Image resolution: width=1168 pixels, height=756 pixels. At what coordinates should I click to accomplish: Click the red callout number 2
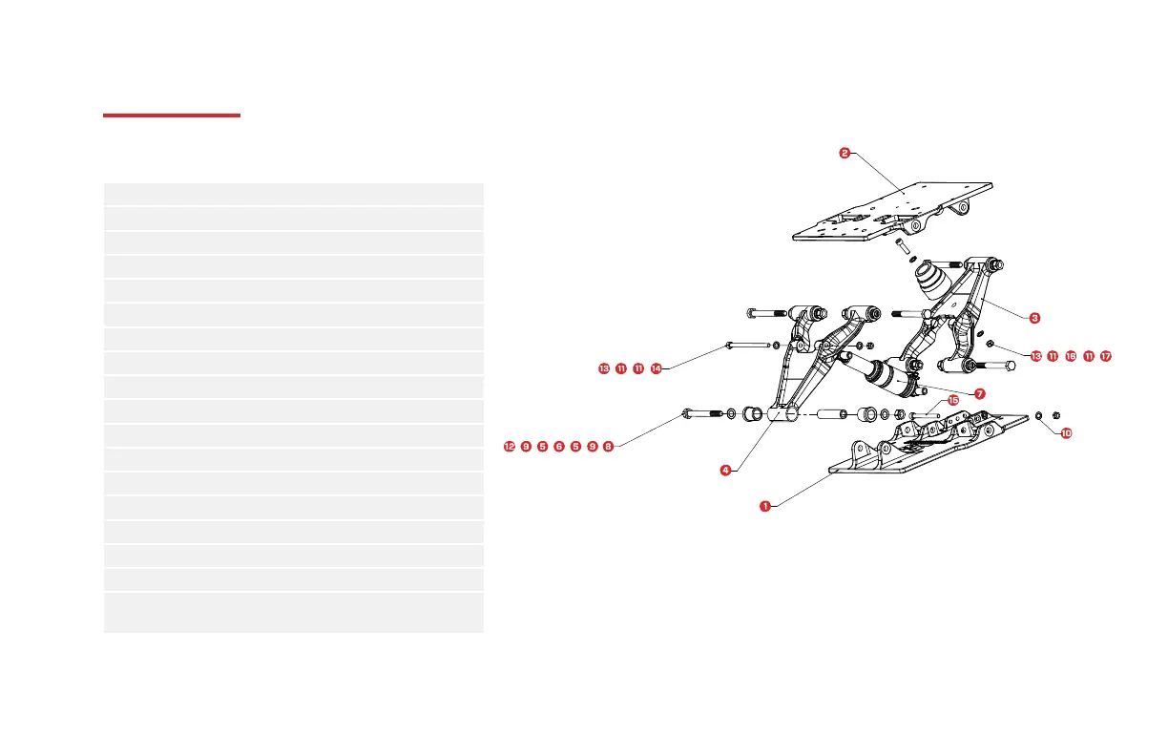click(845, 152)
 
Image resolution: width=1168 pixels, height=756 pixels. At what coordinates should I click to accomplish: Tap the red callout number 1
click(764, 506)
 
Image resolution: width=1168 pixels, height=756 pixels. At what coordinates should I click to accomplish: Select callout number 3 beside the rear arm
click(1033, 316)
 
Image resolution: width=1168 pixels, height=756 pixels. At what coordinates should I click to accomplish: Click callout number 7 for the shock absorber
click(980, 393)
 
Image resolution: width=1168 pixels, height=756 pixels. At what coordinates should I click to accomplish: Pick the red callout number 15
click(953, 401)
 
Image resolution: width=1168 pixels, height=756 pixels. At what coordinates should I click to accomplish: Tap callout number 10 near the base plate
click(1066, 432)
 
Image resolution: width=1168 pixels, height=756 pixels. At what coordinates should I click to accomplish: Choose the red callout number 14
click(656, 368)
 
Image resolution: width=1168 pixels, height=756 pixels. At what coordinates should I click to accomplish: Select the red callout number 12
click(510, 446)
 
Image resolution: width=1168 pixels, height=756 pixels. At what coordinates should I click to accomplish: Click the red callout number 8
click(608, 446)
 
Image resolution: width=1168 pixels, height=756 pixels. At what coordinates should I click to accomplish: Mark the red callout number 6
click(558, 446)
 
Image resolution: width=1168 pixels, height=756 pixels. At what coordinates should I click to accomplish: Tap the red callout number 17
click(1105, 356)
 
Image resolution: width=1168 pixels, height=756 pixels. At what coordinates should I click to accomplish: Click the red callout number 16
click(1070, 356)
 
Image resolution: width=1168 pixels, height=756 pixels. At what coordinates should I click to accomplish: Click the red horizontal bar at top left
click(172, 116)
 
